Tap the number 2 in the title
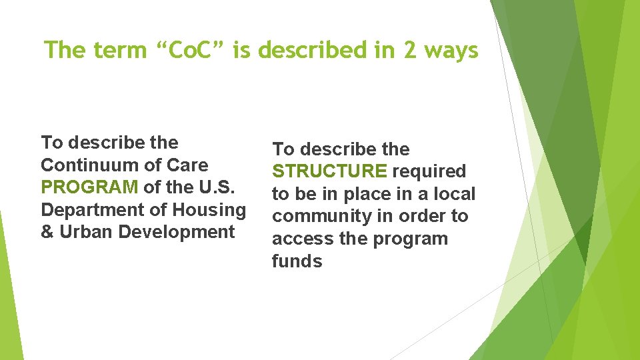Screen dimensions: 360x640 point(409,51)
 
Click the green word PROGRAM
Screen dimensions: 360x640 point(89,187)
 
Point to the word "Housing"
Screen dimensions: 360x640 point(209,210)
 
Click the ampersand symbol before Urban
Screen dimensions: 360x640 point(47,233)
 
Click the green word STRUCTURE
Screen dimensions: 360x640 point(329,172)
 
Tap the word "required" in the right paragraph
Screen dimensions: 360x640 point(429,172)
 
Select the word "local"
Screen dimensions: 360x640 point(453,195)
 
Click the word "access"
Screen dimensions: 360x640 point(301,239)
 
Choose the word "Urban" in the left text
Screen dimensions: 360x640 point(83,233)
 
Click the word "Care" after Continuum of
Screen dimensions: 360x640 point(189,165)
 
